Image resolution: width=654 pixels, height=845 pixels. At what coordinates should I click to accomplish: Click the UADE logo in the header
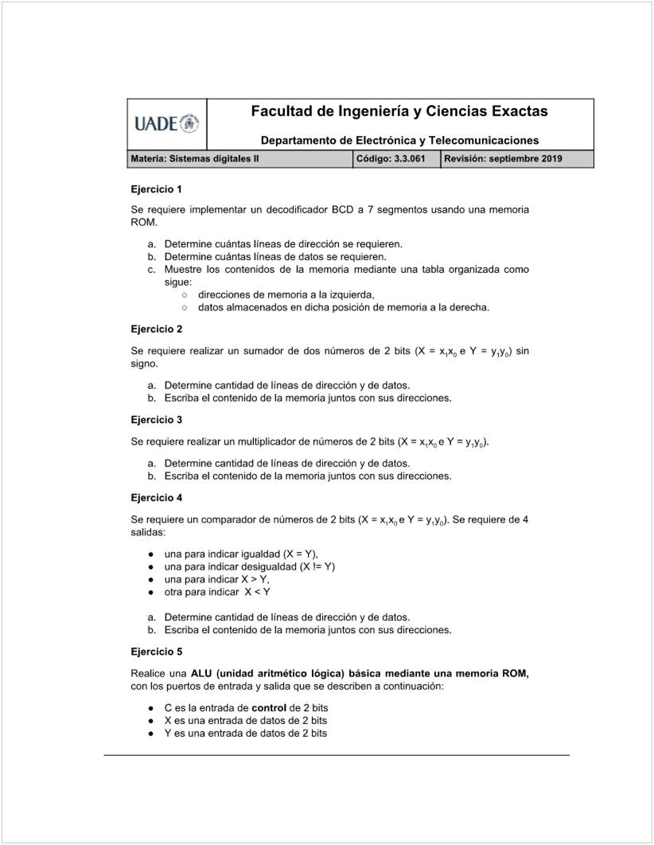[x=166, y=123]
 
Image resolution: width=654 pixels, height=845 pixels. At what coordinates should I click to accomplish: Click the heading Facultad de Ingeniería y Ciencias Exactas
[x=399, y=111]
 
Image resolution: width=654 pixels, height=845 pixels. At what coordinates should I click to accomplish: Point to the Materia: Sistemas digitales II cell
[x=195, y=159]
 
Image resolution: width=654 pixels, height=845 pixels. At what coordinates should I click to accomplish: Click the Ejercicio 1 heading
[x=156, y=189]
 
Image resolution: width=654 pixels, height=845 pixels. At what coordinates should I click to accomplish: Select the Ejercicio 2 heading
[x=156, y=329]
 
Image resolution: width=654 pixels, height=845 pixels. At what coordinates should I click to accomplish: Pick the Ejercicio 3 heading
[x=156, y=419]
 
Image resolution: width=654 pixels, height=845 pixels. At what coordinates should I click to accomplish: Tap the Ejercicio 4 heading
[x=156, y=497]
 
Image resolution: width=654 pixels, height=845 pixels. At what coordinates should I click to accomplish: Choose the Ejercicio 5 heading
[x=156, y=652]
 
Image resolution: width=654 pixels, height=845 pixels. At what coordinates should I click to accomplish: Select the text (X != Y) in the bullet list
[x=317, y=567]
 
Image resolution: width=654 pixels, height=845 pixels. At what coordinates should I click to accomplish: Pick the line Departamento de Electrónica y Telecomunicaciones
[x=399, y=140]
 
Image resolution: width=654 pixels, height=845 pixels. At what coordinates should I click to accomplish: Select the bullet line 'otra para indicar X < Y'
[x=217, y=592]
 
